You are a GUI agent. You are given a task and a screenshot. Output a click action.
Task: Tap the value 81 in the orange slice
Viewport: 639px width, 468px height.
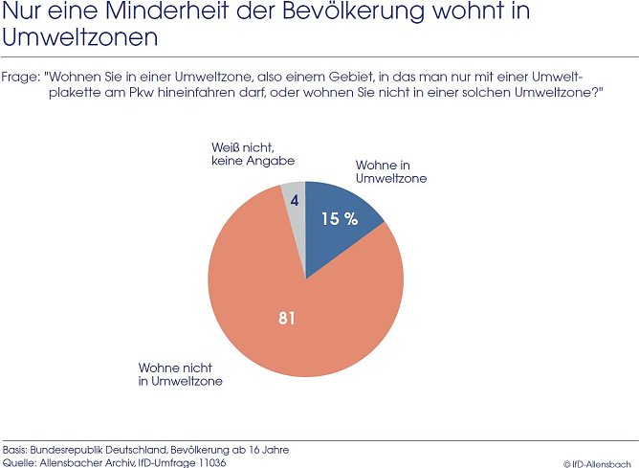(286, 318)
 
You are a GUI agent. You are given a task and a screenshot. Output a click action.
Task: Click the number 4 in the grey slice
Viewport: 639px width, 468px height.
(295, 200)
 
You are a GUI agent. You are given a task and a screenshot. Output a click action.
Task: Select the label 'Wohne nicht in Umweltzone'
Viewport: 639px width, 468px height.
(181, 373)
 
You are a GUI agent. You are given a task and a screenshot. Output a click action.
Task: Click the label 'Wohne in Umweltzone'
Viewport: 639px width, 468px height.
(390, 171)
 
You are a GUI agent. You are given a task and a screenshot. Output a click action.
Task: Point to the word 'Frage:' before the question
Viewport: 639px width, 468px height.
(20, 76)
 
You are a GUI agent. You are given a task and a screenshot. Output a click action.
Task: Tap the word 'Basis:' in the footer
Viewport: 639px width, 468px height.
(15, 449)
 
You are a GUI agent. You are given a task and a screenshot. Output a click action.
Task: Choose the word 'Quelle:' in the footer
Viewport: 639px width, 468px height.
(18, 462)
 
